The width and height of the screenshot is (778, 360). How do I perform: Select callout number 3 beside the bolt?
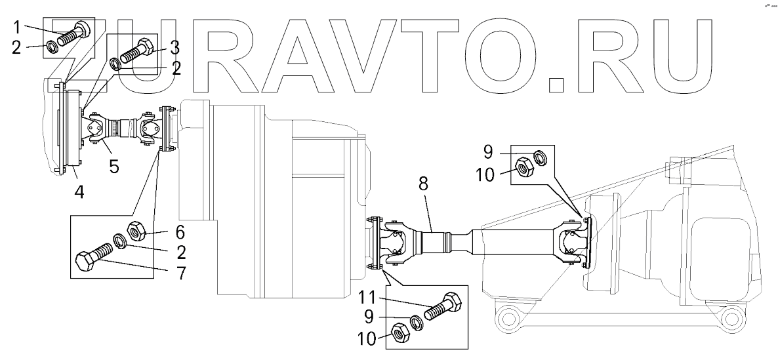pos(174,47)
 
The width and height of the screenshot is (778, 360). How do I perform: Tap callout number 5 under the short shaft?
pos(114,166)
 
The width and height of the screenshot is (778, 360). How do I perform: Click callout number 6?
pos(180,231)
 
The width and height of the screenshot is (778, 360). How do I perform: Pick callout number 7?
pos(181,272)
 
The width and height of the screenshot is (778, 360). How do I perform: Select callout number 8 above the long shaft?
pos(422,184)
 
